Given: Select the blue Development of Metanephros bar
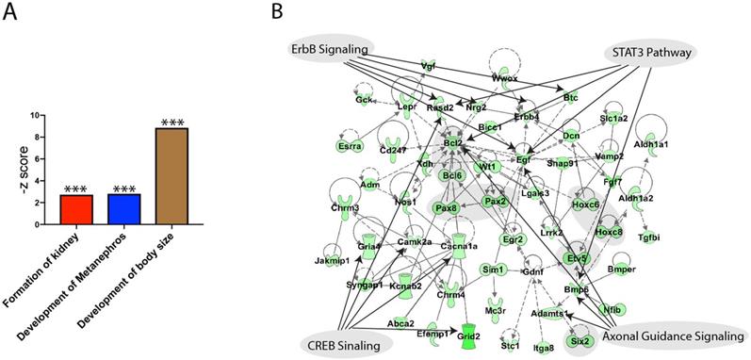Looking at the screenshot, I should (x=124, y=209).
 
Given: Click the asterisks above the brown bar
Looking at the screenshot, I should (x=172, y=123).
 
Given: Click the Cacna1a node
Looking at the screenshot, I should (x=458, y=247).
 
